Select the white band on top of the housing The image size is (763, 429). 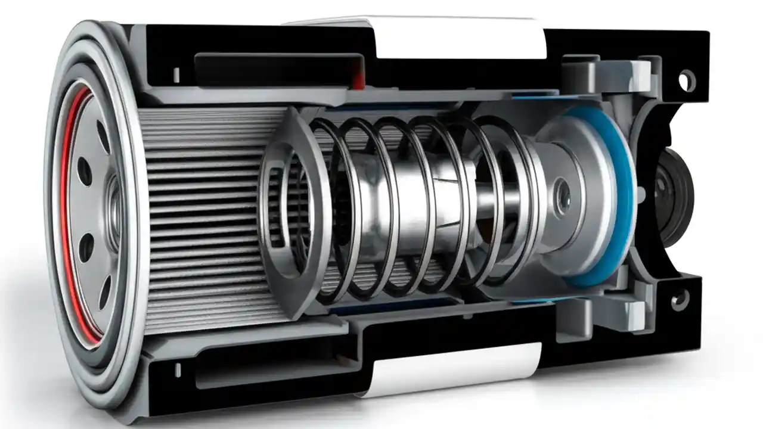tap(459, 39)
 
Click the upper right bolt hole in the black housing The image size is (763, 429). tap(687, 79)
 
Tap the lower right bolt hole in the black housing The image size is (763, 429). tap(679, 301)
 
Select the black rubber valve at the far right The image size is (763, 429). tap(671, 197)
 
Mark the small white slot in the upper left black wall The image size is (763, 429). tap(176, 74)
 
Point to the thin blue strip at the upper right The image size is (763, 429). tap(536, 95)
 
